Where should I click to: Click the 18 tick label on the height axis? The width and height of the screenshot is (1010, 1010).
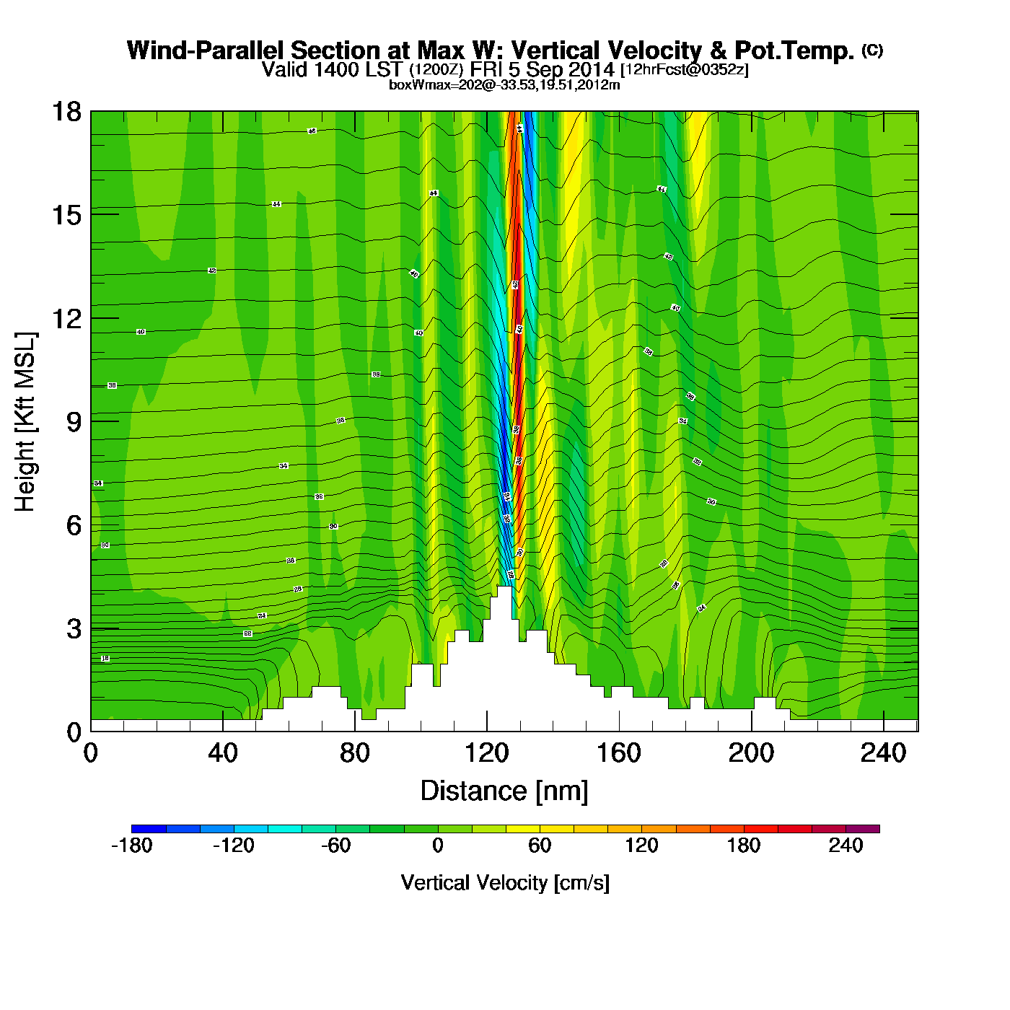pos(66,112)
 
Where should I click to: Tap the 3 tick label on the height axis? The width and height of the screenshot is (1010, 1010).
pos(74,629)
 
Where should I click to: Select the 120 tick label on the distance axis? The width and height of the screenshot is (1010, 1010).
pos(486,754)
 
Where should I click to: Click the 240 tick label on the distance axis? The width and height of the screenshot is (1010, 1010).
pos(883,754)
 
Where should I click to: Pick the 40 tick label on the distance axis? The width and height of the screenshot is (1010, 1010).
pos(222,754)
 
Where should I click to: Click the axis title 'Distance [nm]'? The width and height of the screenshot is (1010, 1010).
pos(504,791)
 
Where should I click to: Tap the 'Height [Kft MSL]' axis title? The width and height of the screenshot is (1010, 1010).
pos(25,422)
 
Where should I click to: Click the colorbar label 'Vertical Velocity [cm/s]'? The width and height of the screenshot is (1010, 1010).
pos(505,883)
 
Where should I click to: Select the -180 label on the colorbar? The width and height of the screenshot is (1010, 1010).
pos(131,846)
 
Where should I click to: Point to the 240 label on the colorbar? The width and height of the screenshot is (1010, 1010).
pos(846,846)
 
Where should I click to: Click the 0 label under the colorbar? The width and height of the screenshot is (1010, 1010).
pos(438,846)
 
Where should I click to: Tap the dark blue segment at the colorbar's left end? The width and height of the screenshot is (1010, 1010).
pos(149,829)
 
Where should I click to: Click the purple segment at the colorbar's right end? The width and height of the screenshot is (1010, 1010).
pos(863,829)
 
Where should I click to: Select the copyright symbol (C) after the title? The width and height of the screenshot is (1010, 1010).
pos(872,50)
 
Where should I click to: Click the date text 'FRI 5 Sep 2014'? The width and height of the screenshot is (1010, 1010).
pos(542,70)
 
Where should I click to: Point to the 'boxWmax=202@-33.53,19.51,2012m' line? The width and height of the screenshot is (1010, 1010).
pos(504,85)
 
